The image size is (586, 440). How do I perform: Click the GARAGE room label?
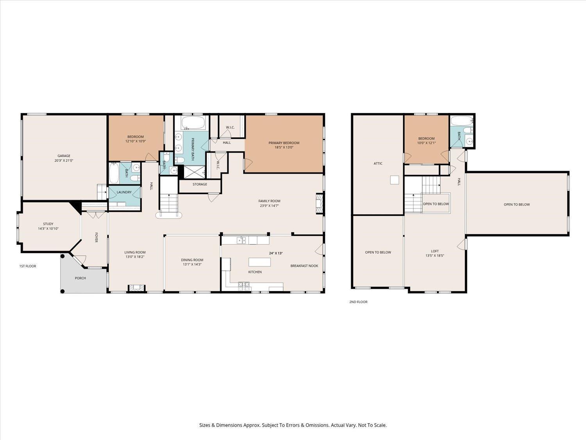click(64, 156)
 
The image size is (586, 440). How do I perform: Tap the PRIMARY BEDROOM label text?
click(284, 143)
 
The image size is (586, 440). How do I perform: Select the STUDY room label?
click(48, 224)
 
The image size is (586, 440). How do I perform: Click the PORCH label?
click(80, 278)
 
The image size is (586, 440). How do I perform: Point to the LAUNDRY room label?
click(124, 192)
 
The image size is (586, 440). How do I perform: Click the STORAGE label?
click(200, 184)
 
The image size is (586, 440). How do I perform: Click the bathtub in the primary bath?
click(193, 122)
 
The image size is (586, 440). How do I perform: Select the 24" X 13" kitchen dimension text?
click(275, 253)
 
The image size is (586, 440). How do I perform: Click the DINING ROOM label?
click(192, 260)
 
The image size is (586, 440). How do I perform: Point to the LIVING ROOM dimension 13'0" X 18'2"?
click(135, 257)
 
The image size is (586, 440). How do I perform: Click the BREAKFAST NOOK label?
click(304, 266)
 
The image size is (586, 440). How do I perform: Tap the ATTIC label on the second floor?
click(378, 163)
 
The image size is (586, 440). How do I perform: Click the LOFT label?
click(435, 251)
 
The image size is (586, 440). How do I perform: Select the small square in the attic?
click(395, 180)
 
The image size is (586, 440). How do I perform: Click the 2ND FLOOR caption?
click(358, 302)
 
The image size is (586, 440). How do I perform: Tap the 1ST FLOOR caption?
click(28, 266)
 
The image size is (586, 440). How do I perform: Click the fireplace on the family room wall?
click(319, 204)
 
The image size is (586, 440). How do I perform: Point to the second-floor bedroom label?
click(426, 138)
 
